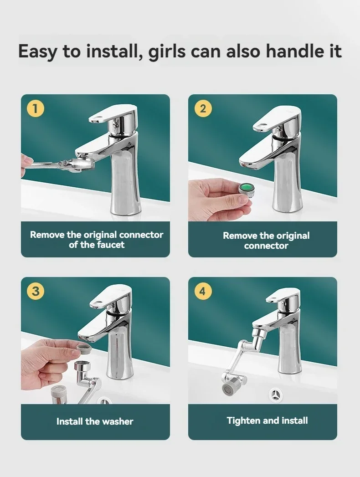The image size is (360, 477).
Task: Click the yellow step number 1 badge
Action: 35,108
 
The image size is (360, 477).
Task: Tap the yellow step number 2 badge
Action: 203,108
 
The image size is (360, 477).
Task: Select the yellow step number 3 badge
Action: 35,291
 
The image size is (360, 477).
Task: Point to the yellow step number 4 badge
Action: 203,291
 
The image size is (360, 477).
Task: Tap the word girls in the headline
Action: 166,51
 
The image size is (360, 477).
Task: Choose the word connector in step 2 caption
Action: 266,246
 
